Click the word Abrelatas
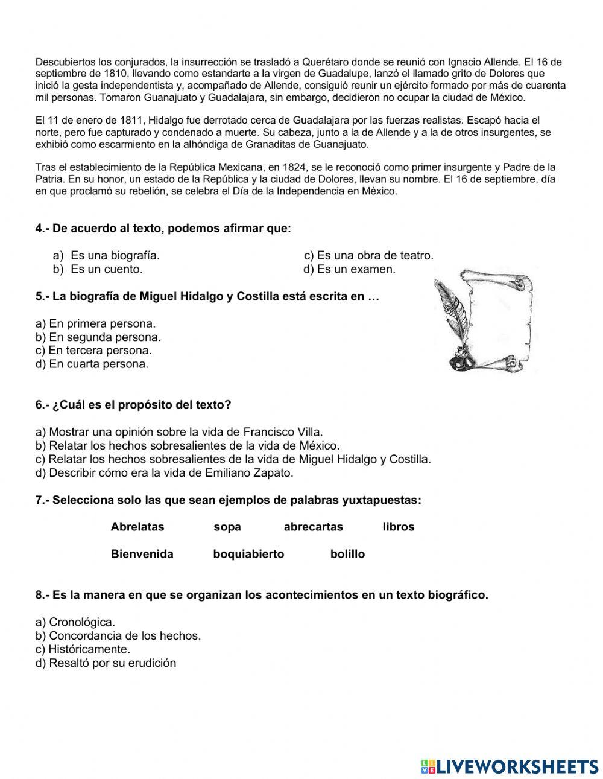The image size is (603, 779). point(137,527)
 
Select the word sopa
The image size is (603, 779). point(227,527)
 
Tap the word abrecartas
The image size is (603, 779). point(313,527)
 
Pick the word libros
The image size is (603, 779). point(398,527)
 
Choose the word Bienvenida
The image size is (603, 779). point(142,554)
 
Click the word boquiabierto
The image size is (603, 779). point(248,554)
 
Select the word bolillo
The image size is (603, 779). point(347,554)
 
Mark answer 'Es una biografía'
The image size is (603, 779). point(115,256)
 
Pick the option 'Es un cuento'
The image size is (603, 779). point(106,269)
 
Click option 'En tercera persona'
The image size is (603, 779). point(93,350)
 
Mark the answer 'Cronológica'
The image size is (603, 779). point(75,622)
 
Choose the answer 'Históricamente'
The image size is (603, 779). point(83,649)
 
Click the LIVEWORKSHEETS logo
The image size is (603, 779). point(510,766)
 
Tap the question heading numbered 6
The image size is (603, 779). point(133,405)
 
